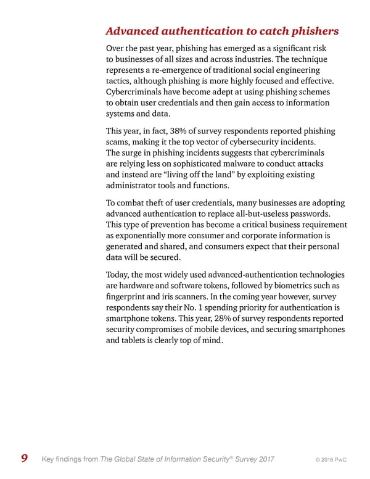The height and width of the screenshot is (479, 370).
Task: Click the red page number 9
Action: pyautogui.click(x=23, y=457)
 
